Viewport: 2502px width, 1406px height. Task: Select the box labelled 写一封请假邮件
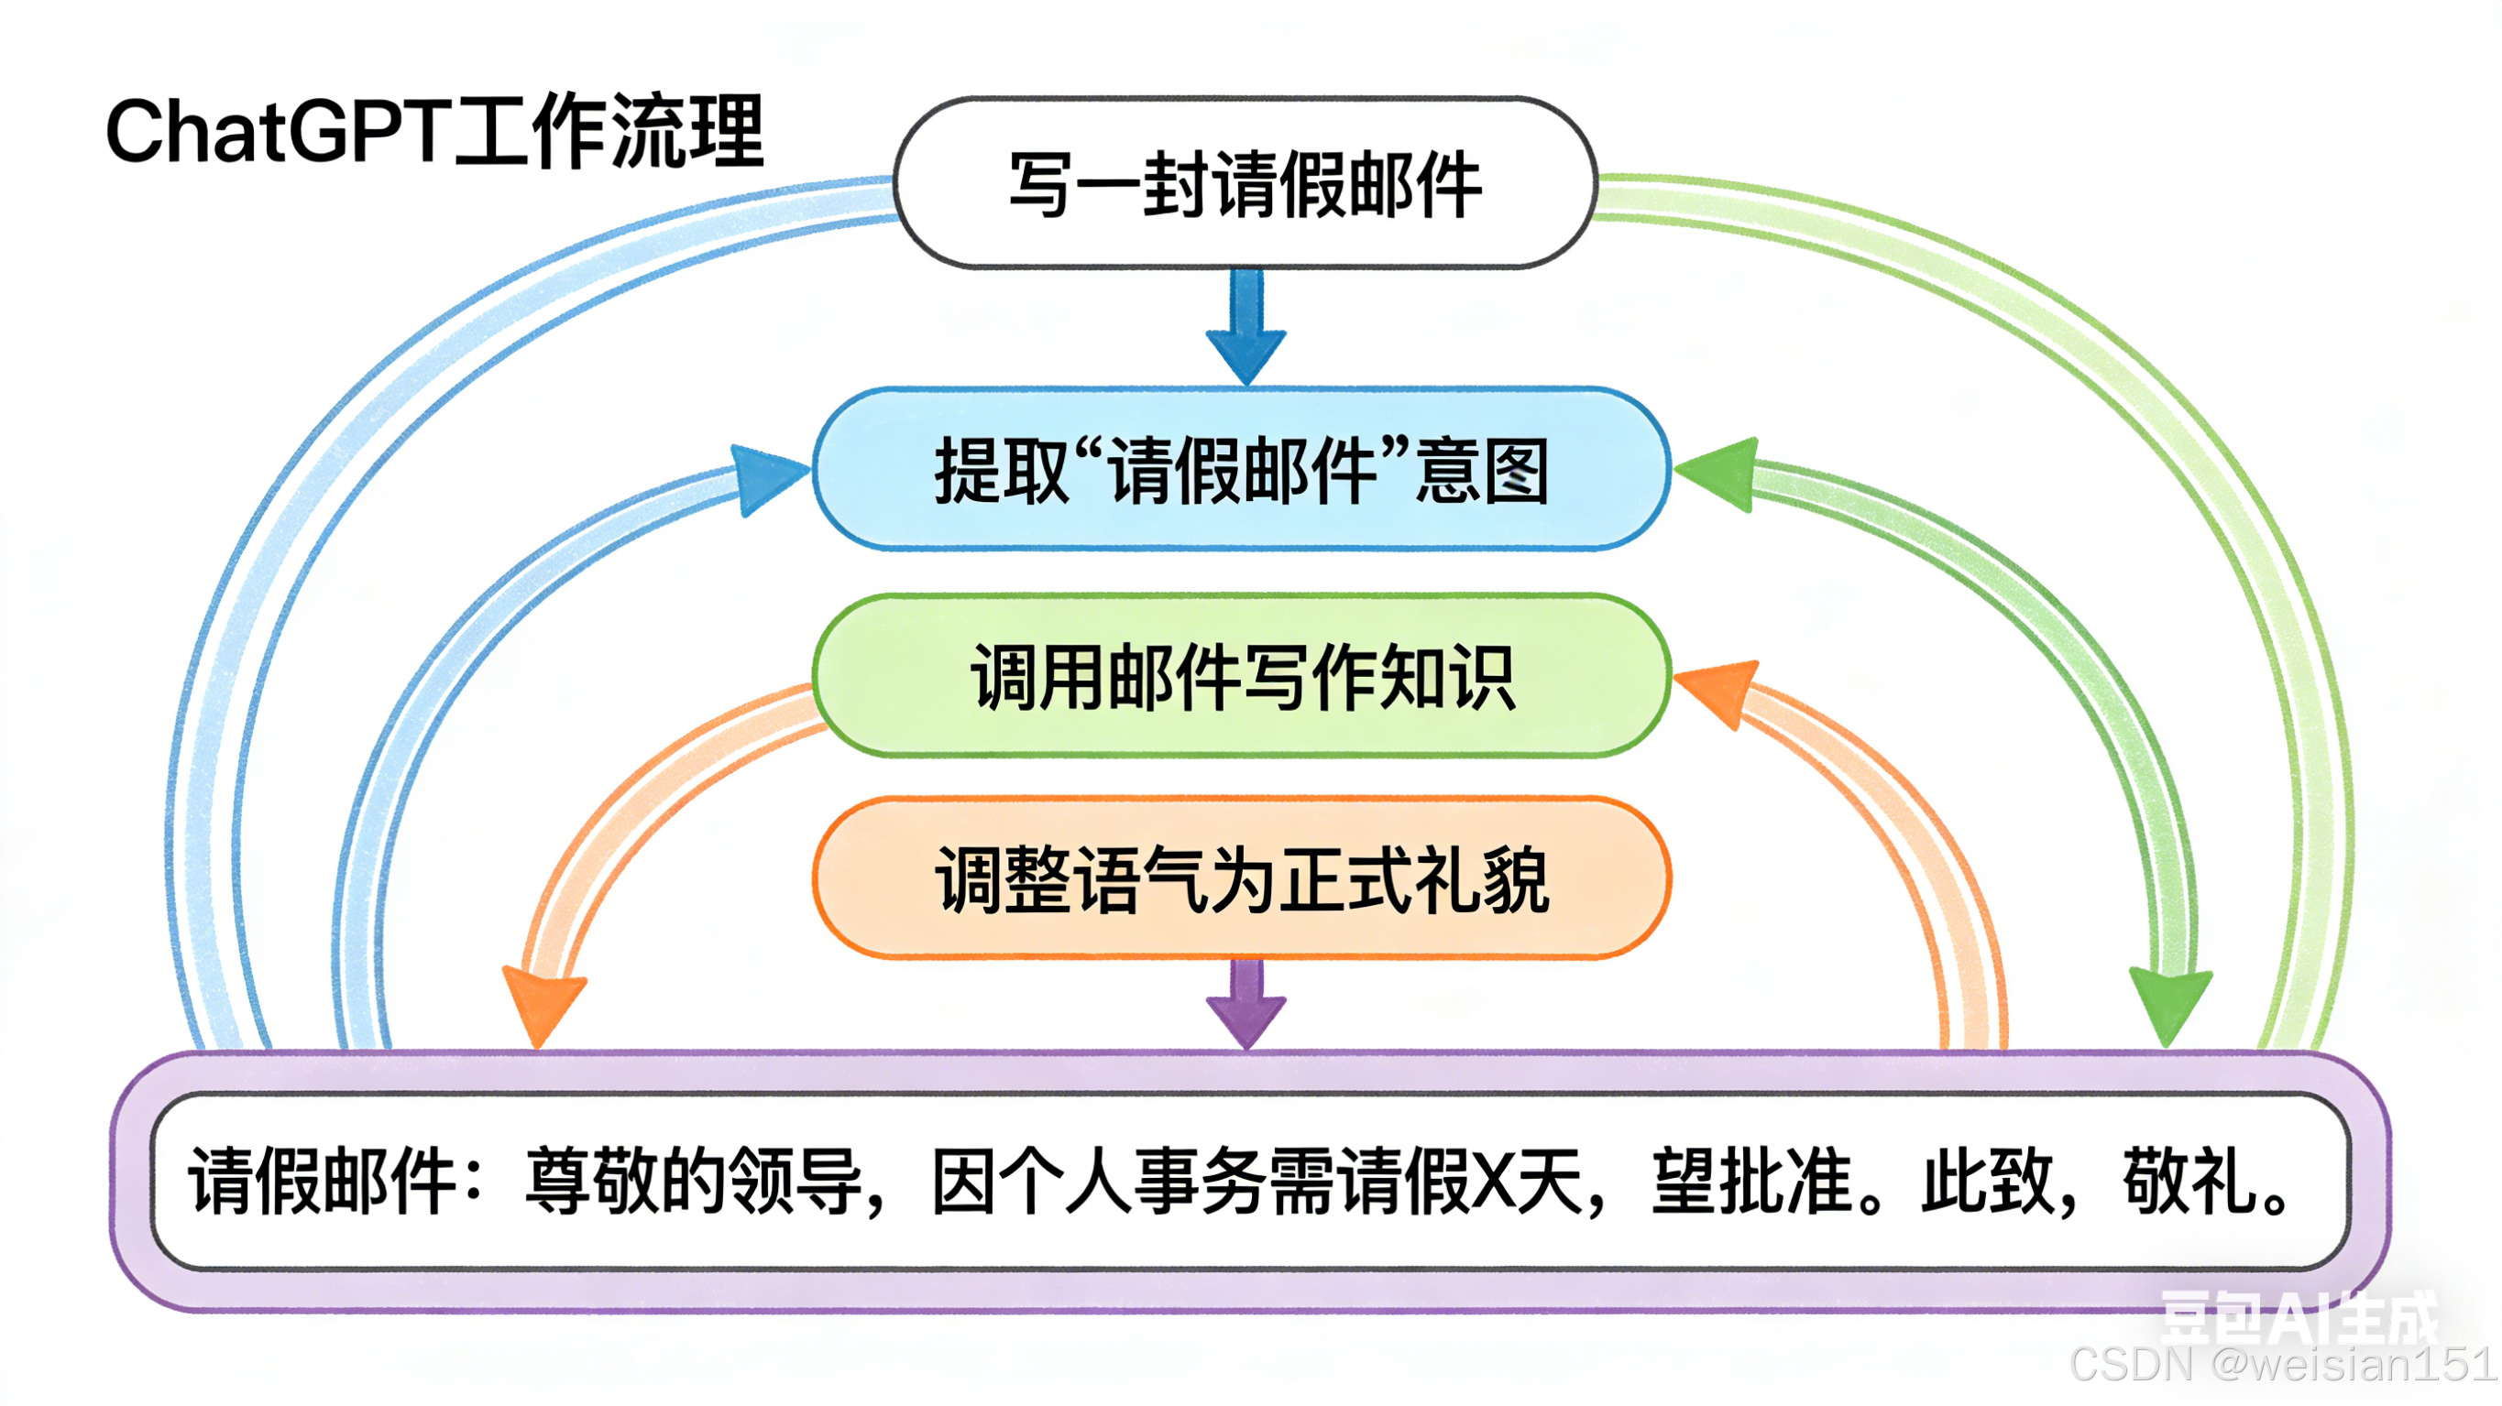[1246, 183]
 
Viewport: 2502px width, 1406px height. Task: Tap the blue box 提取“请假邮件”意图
[1241, 470]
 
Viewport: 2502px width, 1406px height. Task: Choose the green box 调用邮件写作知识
[1241, 677]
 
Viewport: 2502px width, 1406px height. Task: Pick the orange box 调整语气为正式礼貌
[1241, 878]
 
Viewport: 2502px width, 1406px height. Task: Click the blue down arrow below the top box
[1246, 330]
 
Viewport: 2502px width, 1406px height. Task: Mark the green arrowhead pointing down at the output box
[2170, 1005]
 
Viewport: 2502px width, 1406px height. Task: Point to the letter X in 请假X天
[1494, 1181]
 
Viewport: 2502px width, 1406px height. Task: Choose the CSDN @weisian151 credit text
[2282, 1365]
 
